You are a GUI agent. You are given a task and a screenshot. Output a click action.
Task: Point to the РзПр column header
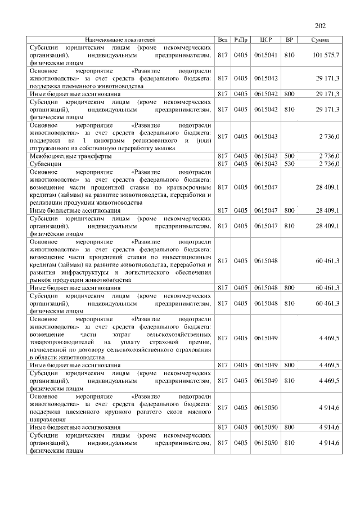pyautogui.click(x=241, y=40)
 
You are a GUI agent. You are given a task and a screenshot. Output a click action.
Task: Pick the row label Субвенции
pyautogui.click(x=45, y=163)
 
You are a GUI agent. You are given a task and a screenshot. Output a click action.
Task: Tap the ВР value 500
pyautogui.click(x=290, y=156)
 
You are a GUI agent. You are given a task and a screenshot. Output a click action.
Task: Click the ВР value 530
pyautogui.click(x=290, y=163)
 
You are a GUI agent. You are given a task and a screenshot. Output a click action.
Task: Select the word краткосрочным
pyautogui.click(x=188, y=187)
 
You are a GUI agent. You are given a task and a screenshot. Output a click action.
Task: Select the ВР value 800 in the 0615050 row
pyautogui.click(x=290, y=427)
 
